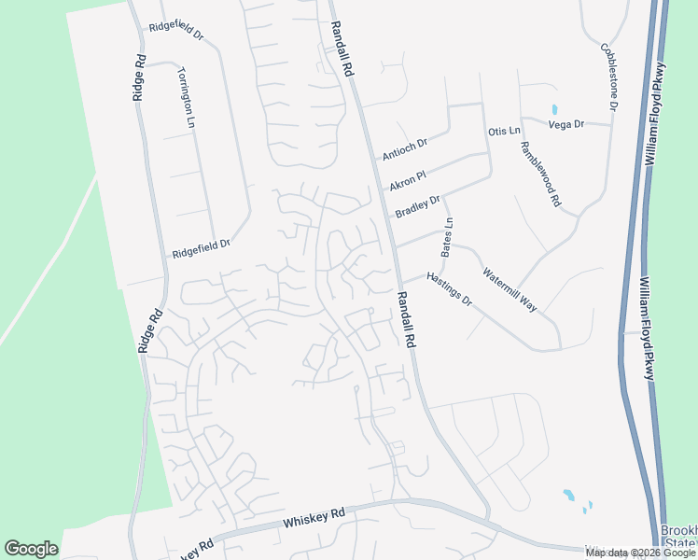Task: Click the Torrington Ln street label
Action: point(186,97)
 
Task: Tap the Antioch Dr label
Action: point(404,148)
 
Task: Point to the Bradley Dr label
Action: point(417,206)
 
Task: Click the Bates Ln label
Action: point(447,237)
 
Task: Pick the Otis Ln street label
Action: point(504,132)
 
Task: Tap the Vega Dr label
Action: point(565,124)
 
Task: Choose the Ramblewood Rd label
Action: point(540,174)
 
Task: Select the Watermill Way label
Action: point(510,289)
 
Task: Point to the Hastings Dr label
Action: point(450,290)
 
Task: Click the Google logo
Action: point(31,549)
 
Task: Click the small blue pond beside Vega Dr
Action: point(554,109)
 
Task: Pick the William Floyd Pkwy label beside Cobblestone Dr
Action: point(653,118)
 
